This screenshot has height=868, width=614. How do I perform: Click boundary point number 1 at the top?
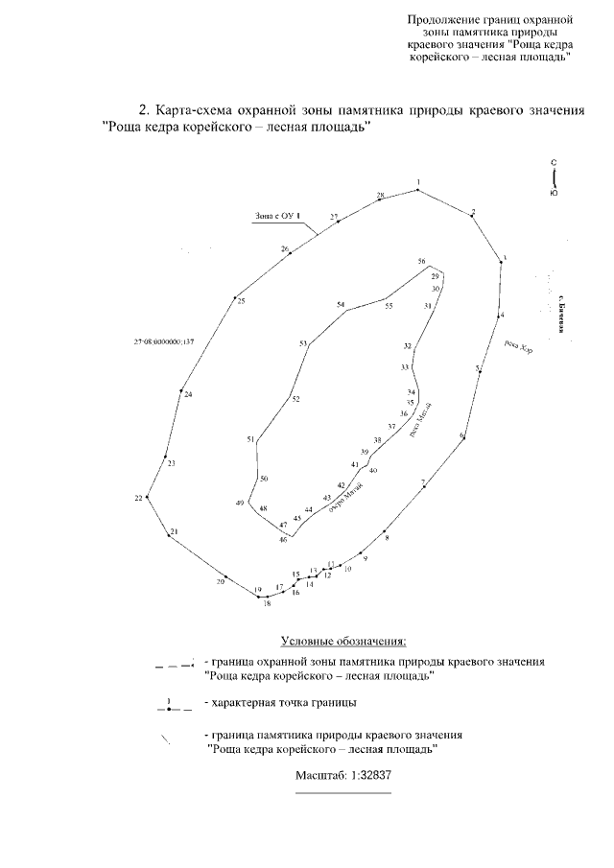point(418,181)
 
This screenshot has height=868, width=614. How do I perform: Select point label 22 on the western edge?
point(139,498)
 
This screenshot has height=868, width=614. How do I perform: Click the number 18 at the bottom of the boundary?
point(268,603)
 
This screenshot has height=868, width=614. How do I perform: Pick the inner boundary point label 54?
point(341,305)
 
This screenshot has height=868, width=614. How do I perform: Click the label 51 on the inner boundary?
point(250,439)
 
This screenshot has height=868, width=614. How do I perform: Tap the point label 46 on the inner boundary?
point(283,540)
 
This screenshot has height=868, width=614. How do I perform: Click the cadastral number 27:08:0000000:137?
point(165,340)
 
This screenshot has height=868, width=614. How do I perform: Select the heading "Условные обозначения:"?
point(343,640)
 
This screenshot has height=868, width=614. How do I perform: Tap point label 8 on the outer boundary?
point(388,539)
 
